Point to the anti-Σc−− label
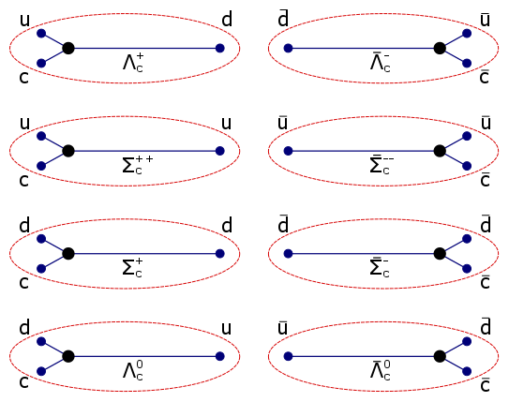coord(381,166)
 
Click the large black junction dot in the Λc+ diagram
coord(67,48)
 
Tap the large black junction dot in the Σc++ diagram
coord(67,151)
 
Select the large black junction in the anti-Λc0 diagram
coord(440,356)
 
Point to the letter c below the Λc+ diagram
coord(23,77)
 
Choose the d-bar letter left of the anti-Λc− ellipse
coord(283,19)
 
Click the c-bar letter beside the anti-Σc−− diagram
coord(485,180)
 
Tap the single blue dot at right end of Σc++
coord(219,151)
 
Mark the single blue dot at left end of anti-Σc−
coord(288,253)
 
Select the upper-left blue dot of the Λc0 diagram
coord(41,341)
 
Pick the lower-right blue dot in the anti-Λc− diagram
coord(466,63)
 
